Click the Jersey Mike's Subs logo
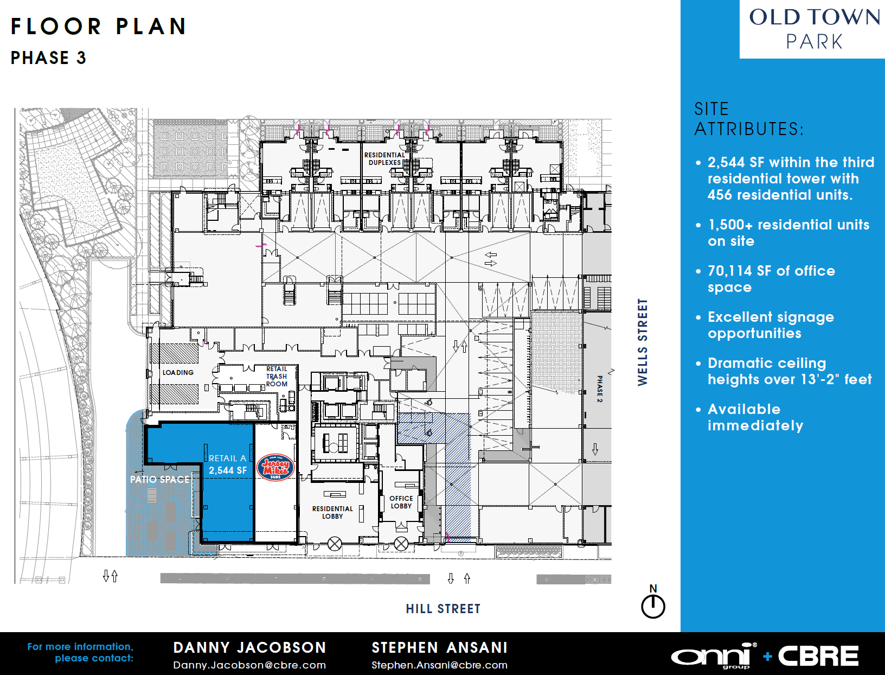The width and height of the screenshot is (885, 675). (x=276, y=468)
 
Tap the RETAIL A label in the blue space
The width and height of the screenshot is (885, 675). (x=227, y=459)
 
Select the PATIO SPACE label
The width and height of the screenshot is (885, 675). (x=159, y=479)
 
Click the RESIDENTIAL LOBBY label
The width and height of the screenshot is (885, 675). (x=332, y=512)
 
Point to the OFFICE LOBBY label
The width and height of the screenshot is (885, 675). (x=401, y=502)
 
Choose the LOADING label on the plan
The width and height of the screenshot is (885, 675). (x=178, y=372)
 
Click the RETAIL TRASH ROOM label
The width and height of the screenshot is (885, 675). (x=277, y=377)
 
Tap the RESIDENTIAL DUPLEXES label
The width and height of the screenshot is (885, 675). (x=384, y=158)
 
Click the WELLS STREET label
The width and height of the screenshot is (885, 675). (x=643, y=342)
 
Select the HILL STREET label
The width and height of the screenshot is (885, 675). (x=443, y=609)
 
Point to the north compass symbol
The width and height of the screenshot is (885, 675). (x=653, y=601)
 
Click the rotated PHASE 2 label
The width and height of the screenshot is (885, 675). (x=600, y=389)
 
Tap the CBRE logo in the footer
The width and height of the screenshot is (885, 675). (x=818, y=656)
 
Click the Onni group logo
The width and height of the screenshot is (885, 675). (x=714, y=656)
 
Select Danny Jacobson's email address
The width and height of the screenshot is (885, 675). (x=249, y=665)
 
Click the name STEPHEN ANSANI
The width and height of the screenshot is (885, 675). (x=439, y=647)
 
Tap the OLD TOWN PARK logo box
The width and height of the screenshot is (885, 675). (x=812, y=29)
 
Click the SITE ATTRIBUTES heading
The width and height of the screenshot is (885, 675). (x=749, y=119)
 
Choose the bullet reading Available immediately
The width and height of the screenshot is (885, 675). (x=750, y=417)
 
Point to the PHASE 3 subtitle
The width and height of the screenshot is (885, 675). (x=48, y=58)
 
